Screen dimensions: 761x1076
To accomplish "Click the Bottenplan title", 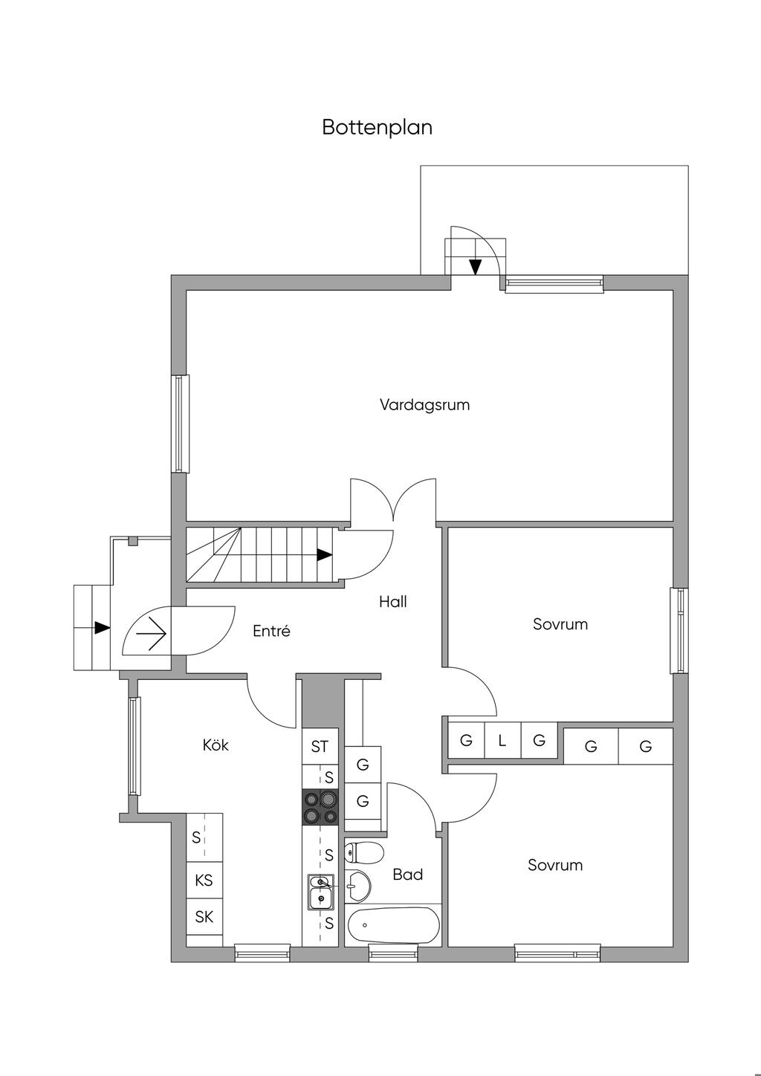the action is coord(377,127).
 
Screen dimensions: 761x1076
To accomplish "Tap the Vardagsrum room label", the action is coord(424,404).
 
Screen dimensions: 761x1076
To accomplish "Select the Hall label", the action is coord(393,601).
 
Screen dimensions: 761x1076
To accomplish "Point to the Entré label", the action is coord(271,631).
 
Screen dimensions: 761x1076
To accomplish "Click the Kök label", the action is coord(216,745).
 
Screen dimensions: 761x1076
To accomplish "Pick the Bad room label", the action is coord(408,874).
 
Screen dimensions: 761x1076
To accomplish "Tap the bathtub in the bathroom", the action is coord(393,925).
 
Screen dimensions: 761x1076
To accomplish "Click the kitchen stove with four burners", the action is coord(320,807).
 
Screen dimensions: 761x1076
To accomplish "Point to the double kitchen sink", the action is coord(320,892).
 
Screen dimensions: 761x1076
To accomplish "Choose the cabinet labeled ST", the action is coord(320,747).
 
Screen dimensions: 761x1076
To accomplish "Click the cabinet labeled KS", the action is coord(204,880).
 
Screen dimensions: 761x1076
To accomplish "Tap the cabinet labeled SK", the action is coord(204,916).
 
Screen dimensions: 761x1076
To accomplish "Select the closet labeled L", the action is coord(502,741).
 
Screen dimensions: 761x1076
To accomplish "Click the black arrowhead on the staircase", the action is coord(325,555).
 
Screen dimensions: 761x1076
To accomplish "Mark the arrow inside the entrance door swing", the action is coord(152,632).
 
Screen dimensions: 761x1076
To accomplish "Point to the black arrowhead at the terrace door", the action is coord(475,267).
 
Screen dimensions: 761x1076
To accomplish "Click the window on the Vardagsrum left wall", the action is coord(180,424).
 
